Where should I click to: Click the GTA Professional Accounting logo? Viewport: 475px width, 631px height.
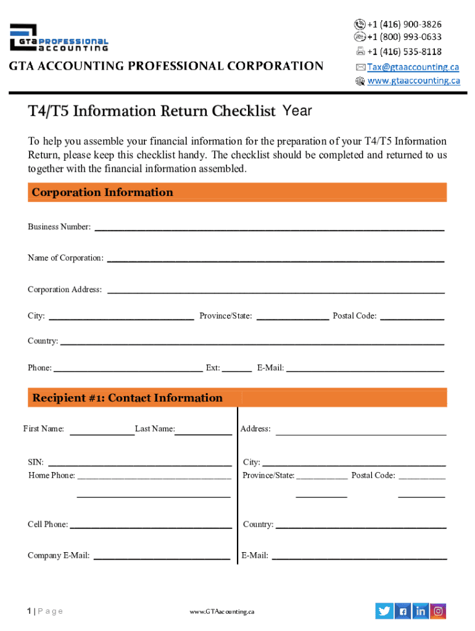59,38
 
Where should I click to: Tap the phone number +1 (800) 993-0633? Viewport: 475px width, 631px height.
404,37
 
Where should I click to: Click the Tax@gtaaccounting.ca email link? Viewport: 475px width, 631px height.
413,67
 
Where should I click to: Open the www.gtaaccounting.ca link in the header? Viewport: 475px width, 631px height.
413,80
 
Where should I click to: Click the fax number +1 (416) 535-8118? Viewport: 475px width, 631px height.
404,51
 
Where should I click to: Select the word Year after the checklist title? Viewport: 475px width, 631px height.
297,112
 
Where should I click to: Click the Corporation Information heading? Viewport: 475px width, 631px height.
102,192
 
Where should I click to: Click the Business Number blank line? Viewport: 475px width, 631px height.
268,229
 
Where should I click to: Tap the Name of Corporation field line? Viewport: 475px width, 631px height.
276,261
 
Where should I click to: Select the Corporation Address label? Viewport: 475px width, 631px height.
65,290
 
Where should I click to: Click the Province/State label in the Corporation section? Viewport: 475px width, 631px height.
225,316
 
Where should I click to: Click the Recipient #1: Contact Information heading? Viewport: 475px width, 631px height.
128,398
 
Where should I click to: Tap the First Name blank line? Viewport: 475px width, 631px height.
102,434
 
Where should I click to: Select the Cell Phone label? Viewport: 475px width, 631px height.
47,524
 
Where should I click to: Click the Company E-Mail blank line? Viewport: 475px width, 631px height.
161,559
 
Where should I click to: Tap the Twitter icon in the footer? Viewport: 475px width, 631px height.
384,611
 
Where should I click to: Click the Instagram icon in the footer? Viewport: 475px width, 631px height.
438,611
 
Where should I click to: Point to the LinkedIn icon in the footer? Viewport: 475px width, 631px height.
421,611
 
